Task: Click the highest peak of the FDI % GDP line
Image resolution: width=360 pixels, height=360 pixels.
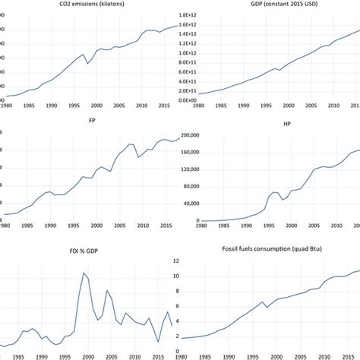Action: click(x=84, y=273)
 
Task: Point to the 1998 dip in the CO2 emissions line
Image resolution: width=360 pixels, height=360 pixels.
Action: click(x=89, y=63)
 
